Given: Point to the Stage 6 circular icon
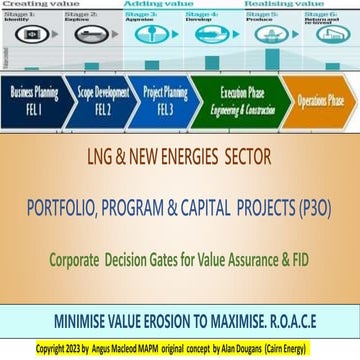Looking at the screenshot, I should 327,33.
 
